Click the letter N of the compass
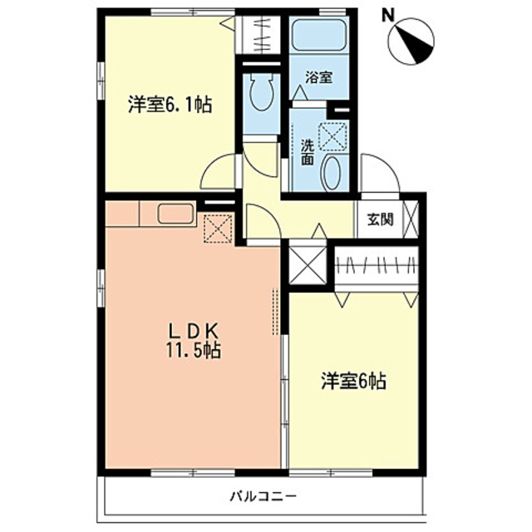tap(387, 16)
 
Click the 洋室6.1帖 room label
tap(170, 106)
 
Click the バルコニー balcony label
tap(263, 496)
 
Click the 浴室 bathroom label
tap(319, 78)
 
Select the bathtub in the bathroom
tap(320, 38)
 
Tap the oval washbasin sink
tap(331, 172)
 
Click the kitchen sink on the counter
tap(175, 214)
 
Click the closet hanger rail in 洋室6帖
tap(377, 266)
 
